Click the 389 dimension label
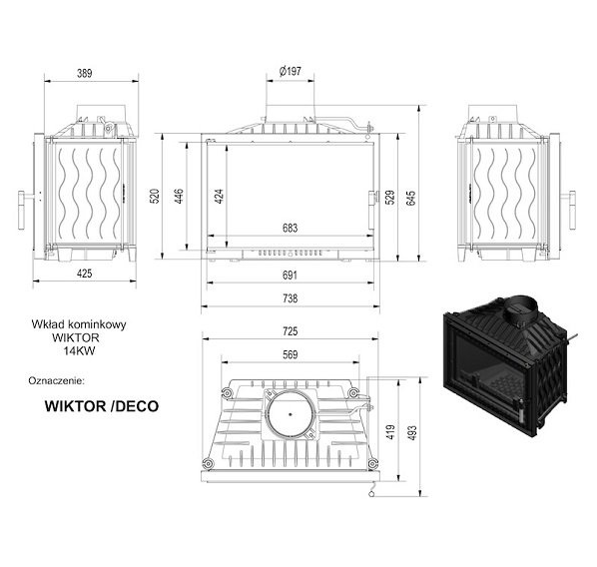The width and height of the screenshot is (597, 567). pyautogui.click(x=85, y=73)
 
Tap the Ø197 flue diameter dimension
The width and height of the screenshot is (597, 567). pyautogui.click(x=291, y=71)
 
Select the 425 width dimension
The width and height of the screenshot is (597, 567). pyautogui.click(x=85, y=274)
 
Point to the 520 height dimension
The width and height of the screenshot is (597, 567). pyautogui.click(x=155, y=197)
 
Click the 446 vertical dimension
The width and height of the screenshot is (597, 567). pyautogui.click(x=179, y=197)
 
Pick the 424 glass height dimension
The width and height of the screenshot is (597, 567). pyautogui.click(x=220, y=197)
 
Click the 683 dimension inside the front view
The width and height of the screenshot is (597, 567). pyautogui.click(x=291, y=228)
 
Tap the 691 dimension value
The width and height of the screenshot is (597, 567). pyautogui.click(x=291, y=275)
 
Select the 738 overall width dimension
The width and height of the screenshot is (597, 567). pyautogui.click(x=291, y=298)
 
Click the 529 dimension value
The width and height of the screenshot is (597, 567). pyautogui.click(x=390, y=198)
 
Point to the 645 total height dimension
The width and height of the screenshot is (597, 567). pyautogui.click(x=411, y=198)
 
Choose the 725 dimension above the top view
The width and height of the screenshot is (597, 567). pyautogui.click(x=291, y=331)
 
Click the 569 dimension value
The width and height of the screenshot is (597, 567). pyautogui.click(x=291, y=355)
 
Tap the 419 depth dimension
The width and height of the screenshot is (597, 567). pyautogui.click(x=390, y=432)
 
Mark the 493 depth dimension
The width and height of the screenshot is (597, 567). pyautogui.click(x=412, y=433)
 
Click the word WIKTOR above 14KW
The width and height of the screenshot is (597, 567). pyautogui.click(x=76, y=337)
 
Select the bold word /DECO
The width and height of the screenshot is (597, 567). pyautogui.click(x=134, y=406)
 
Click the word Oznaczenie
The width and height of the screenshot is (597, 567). pyautogui.click(x=56, y=380)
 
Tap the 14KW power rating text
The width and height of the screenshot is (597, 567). pyautogui.click(x=79, y=350)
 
